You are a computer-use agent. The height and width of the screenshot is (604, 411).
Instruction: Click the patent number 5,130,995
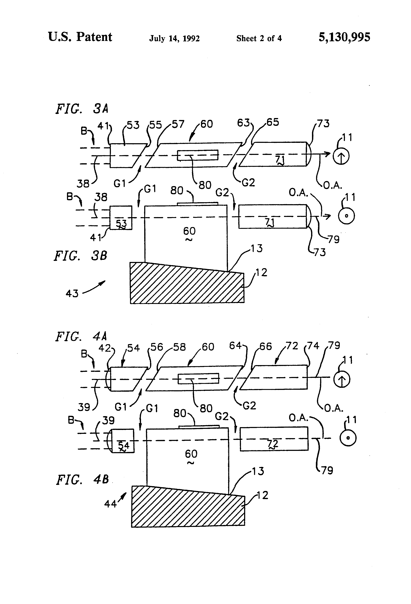tap(344, 37)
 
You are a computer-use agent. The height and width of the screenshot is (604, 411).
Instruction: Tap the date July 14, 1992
tap(174, 39)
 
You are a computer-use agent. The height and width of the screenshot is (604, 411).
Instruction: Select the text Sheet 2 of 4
tap(259, 39)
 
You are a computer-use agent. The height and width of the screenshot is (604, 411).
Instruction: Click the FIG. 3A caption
tap(82, 109)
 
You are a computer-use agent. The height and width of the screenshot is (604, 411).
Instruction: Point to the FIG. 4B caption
tap(82, 480)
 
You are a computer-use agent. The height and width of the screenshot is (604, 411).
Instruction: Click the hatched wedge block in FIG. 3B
tap(187, 286)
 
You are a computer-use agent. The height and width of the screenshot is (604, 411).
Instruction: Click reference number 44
tap(110, 504)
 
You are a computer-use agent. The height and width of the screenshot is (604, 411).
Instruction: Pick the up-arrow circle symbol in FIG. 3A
tap(341, 156)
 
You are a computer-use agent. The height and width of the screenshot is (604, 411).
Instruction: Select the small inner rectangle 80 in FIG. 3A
tap(198, 155)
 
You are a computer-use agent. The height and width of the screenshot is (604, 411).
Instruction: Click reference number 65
tap(273, 122)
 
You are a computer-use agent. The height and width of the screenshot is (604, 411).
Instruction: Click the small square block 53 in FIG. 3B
tap(121, 217)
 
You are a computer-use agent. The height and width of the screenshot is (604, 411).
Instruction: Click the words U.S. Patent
tap(80, 37)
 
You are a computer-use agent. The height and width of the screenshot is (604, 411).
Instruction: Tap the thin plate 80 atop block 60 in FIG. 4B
tap(199, 426)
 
